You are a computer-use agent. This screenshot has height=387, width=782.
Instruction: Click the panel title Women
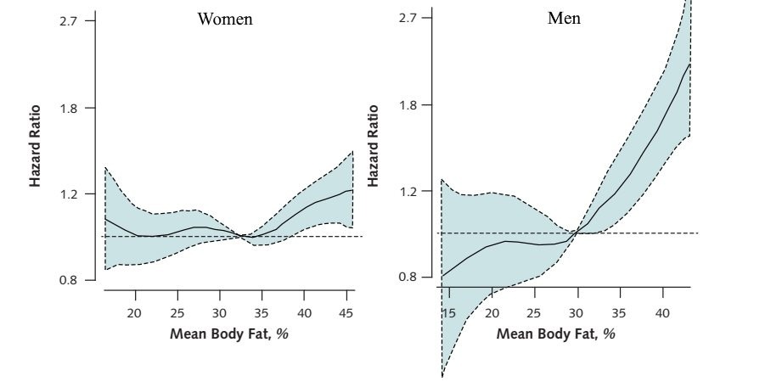225,19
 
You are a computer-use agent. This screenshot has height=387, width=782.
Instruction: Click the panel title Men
564,18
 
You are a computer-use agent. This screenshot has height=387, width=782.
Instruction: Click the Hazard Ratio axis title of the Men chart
374,146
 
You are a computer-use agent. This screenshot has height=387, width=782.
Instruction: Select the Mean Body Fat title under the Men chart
556,333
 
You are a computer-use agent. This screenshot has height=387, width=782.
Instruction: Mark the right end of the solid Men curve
689,64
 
